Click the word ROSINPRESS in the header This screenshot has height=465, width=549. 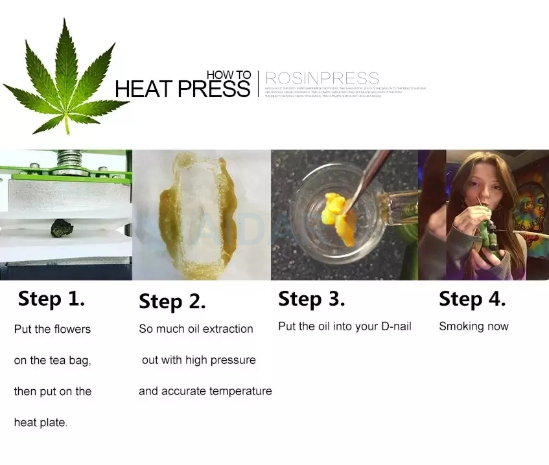(x=322, y=78)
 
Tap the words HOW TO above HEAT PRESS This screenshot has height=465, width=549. (x=228, y=75)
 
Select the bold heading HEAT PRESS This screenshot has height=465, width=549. (x=183, y=89)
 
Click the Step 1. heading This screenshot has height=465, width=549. (x=51, y=299)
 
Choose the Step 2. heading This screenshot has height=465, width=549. (x=172, y=301)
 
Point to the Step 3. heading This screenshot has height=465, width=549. (x=311, y=299)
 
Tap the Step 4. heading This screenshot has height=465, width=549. (x=472, y=299)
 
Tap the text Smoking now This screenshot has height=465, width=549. (x=474, y=326)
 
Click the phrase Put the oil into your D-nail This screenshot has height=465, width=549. (x=345, y=326)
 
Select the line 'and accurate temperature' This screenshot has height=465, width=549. (x=205, y=391)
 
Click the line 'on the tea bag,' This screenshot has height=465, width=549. (x=53, y=360)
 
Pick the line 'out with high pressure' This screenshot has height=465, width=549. (x=198, y=360)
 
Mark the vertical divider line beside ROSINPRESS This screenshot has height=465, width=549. (x=258, y=84)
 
